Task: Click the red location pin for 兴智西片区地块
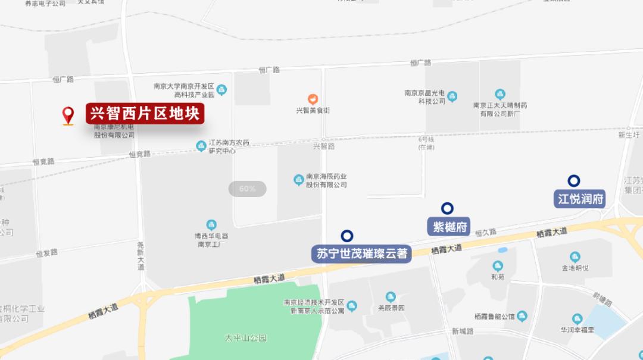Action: point(68,114)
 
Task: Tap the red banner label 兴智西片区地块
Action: point(145,113)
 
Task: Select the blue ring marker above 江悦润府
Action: point(574,181)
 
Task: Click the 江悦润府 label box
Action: point(580,199)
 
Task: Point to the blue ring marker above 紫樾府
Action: point(447,208)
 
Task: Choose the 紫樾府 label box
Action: point(448,226)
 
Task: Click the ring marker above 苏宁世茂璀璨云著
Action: point(347,236)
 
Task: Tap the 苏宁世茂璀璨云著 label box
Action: point(362,253)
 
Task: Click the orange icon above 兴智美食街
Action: point(313,99)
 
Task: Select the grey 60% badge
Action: point(247,189)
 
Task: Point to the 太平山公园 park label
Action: point(245,338)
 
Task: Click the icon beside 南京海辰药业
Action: point(299,180)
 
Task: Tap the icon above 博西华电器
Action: point(211,225)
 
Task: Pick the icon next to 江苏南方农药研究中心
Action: point(201,146)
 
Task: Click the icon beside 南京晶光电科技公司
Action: point(452,96)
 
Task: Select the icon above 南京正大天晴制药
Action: point(500,94)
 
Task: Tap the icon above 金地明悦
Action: point(575,257)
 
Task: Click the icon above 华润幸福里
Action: point(577,319)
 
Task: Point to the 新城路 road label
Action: point(463,331)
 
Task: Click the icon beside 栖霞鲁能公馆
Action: point(522,316)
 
